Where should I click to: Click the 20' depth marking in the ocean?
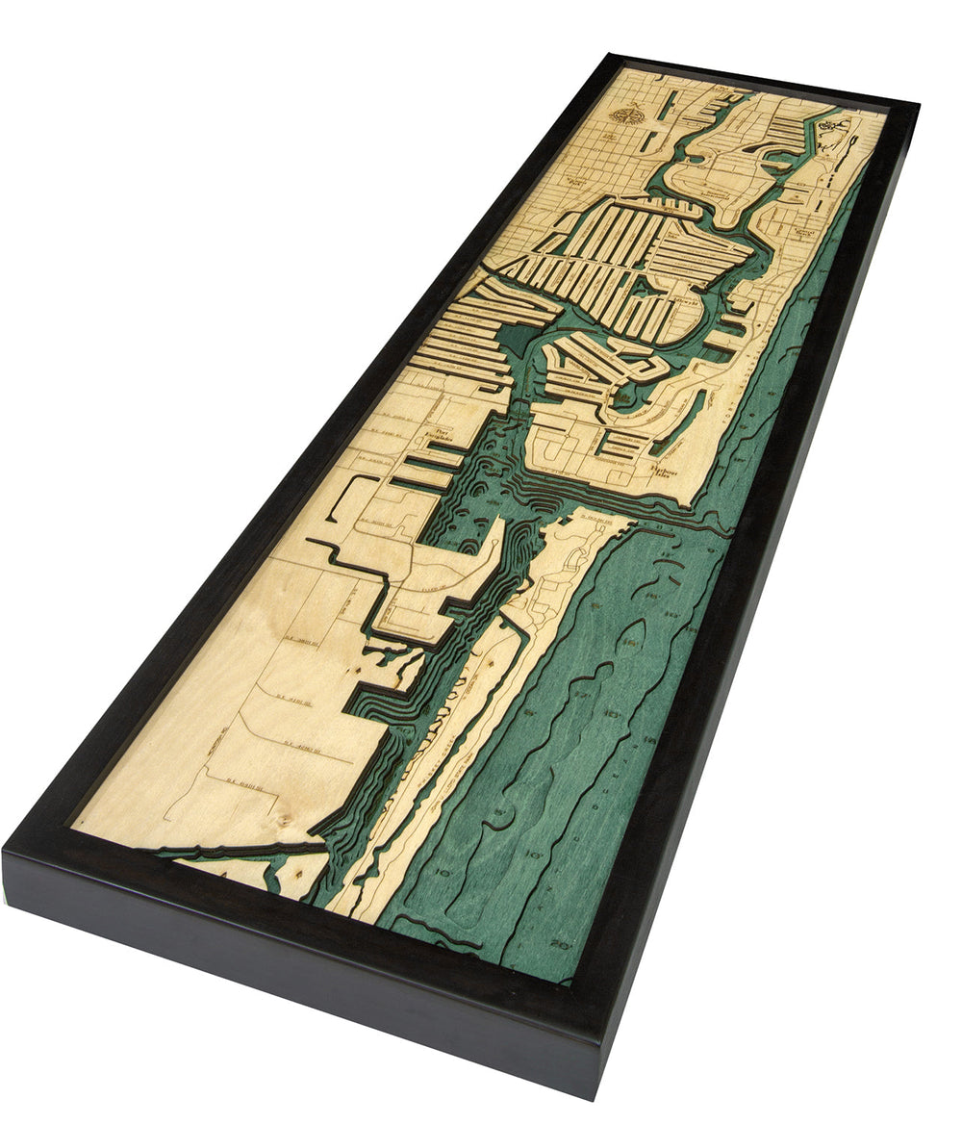coord(561,944)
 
